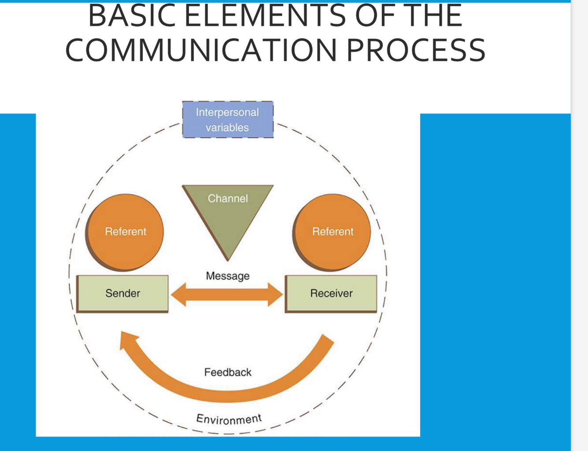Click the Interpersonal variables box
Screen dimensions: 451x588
227,119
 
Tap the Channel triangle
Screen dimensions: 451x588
227,212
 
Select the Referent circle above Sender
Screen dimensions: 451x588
125,232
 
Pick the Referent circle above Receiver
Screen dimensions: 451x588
332,232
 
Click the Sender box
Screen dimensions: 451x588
123,293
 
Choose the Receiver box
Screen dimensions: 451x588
331,293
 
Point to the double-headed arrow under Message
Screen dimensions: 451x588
227,294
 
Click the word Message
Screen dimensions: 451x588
227,276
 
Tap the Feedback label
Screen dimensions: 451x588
227,372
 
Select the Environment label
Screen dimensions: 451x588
229,419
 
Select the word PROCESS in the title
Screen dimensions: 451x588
415,50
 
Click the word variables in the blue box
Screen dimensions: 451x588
227,128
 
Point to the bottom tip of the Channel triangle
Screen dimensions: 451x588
228,258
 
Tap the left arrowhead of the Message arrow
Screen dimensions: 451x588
178,294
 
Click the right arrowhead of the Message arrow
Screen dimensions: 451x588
276,294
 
